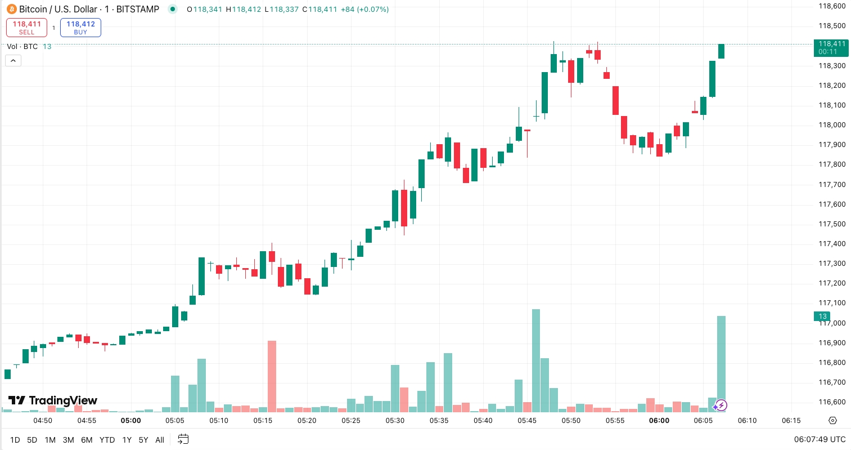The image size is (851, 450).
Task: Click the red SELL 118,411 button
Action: (26, 28)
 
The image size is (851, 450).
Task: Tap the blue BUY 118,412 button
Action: (80, 28)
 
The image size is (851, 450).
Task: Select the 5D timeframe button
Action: (32, 440)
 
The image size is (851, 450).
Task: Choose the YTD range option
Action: (107, 440)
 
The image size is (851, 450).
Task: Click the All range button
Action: (160, 440)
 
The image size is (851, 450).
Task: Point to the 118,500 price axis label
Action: (832, 26)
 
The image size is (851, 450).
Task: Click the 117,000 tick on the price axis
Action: (832, 323)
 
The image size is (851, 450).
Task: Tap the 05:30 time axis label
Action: (395, 421)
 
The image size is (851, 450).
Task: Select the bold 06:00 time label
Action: (659, 421)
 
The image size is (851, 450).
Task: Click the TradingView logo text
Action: (53, 400)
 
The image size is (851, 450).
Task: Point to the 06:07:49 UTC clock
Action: (820, 439)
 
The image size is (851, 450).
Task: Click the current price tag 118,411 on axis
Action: (831, 47)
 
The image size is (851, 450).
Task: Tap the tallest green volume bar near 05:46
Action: (535, 360)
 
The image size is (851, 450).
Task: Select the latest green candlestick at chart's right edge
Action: (721, 51)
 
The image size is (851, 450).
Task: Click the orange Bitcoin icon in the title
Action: (11, 9)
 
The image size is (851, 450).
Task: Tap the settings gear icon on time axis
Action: (833, 421)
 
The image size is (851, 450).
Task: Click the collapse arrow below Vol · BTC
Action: (13, 60)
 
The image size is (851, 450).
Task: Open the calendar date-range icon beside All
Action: (183, 439)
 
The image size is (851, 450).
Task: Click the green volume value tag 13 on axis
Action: (822, 317)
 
